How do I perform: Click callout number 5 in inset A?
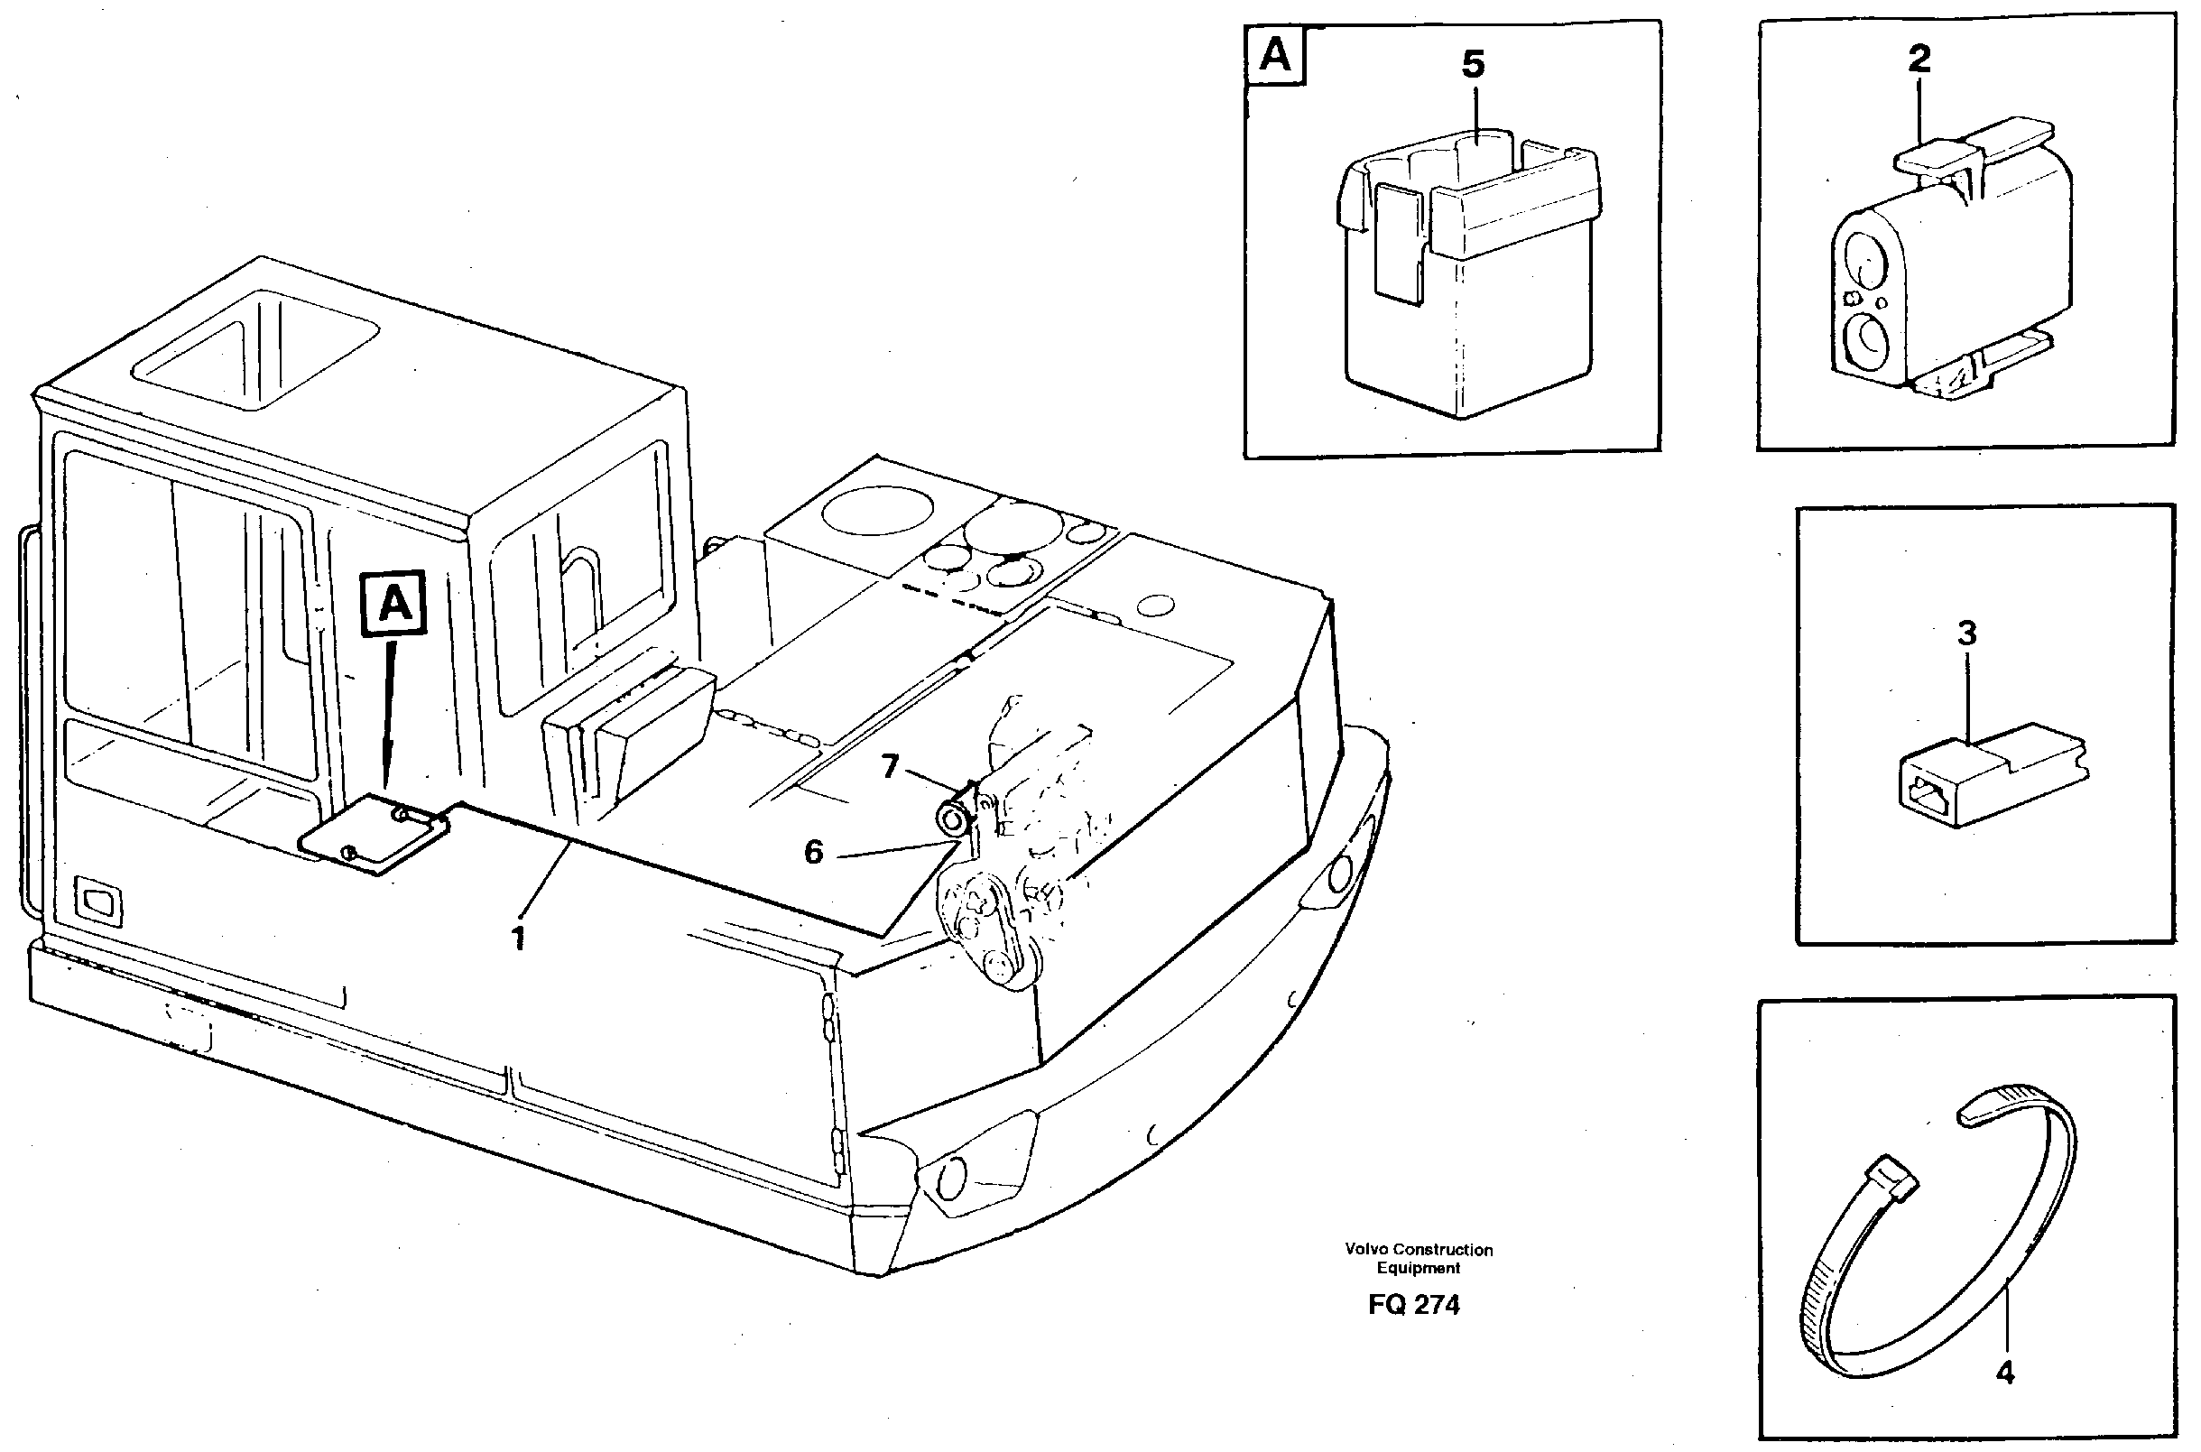tap(1472, 65)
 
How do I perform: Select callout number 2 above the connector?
tap(1919, 60)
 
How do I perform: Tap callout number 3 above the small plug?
tap(1965, 634)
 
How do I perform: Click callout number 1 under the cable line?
tap(519, 938)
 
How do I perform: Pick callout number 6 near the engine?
tap(813, 852)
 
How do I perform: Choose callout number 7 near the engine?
tap(889, 767)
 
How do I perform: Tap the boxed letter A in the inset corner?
tap(1276, 57)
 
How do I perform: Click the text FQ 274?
tap(1414, 1305)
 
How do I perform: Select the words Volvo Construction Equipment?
tap(1418, 1259)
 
